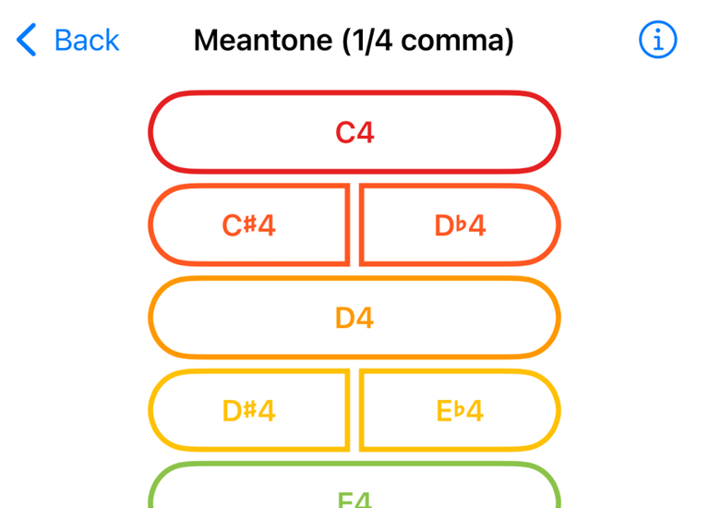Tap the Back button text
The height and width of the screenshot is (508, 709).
click(x=87, y=41)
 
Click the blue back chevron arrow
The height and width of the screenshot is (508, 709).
click(x=27, y=41)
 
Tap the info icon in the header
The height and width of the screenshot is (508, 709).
click(x=657, y=40)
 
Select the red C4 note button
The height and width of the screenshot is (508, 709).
click(x=354, y=132)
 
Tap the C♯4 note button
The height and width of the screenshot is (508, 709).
click(x=248, y=225)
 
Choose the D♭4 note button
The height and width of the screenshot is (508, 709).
click(x=460, y=225)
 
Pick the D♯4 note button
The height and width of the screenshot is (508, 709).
click(x=248, y=410)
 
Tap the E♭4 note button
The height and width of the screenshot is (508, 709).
click(x=460, y=410)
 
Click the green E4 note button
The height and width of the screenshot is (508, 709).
click(x=354, y=494)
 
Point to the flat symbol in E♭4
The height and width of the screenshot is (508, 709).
click(x=459, y=409)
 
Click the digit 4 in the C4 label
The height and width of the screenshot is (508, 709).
click(x=366, y=133)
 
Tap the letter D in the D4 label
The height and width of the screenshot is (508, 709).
click(x=344, y=319)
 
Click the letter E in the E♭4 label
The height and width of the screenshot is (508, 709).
click(x=444, y=411)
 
